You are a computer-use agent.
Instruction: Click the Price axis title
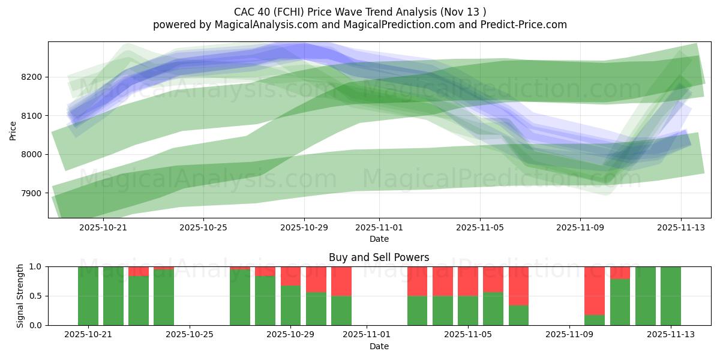13,130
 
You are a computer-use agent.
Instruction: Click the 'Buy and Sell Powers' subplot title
379,257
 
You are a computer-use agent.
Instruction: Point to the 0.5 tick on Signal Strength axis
37,296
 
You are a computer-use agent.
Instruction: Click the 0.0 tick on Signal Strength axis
37,325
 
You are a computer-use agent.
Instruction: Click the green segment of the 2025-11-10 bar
594,320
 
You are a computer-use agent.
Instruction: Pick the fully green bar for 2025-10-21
88,296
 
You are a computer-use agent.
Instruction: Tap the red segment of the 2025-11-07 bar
518,286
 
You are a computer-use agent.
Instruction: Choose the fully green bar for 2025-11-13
670,296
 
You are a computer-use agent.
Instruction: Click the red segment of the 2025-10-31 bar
341,281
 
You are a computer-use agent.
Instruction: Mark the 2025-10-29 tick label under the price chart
304,227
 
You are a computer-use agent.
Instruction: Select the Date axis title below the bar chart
379,346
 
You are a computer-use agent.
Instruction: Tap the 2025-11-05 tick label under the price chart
479,227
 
